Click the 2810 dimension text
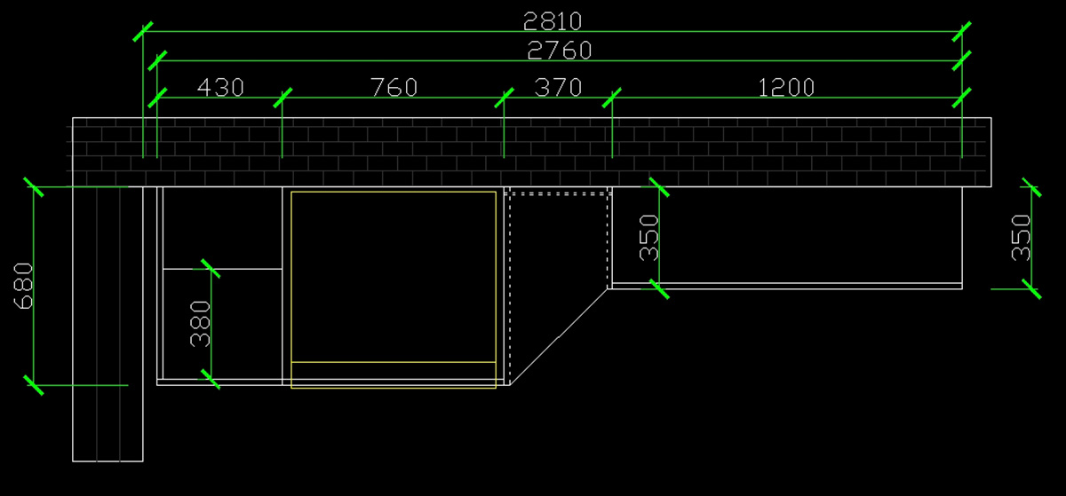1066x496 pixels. pos(552,20)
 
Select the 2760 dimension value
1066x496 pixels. pos(559,50)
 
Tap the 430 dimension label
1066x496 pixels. pos(219,87)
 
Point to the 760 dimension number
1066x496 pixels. pos(393,87)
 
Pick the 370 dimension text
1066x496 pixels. pos(558,87)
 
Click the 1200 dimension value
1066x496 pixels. pos(786,87)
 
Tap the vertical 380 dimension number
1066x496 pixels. pos(201,323)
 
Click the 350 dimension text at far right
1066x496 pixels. pos(1022,237)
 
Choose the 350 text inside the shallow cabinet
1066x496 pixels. pos(649,237)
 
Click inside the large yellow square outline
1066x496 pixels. pos(394,276)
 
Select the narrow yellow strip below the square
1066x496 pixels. pos(394,374)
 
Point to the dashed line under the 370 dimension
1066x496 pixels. pos(558,193)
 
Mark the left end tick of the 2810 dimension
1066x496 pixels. pos(142,31)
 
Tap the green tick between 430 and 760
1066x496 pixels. pos(282,98)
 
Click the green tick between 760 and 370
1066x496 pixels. pos(504,98)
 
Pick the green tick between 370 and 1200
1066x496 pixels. pos(612,98)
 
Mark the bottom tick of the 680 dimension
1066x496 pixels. pos(33,385)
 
